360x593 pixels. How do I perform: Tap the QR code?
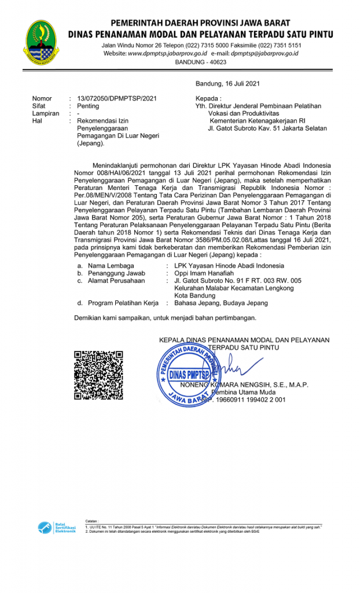(98, 375)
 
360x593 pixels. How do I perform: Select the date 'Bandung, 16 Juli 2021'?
(227, 84)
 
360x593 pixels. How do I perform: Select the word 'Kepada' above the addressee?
(208, 98)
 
